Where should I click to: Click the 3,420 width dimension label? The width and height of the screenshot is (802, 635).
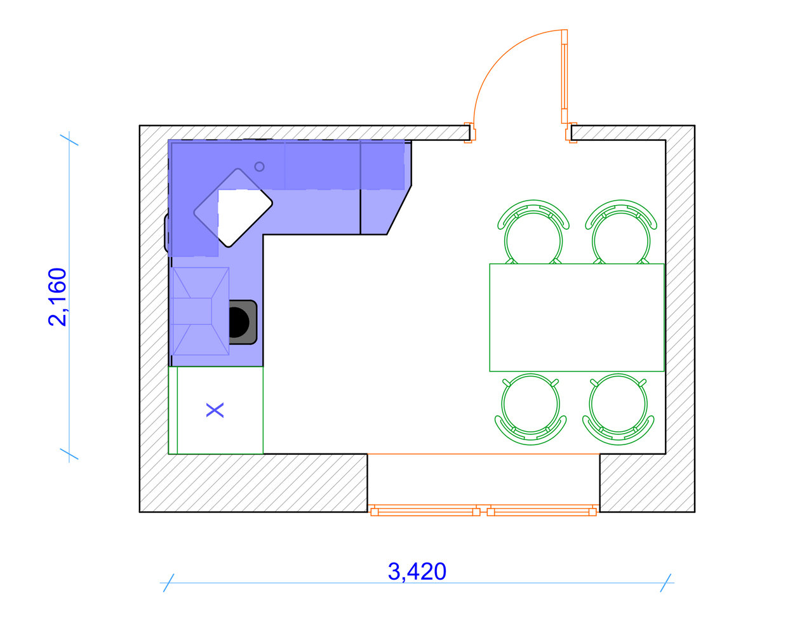[417, 571]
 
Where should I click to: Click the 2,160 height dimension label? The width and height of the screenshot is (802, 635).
[58, 297]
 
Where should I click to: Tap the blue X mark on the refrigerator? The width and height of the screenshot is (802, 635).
[215, 410]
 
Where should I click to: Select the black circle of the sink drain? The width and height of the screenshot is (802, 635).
[239, 322]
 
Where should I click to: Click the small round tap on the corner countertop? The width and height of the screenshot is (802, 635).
[259, 166]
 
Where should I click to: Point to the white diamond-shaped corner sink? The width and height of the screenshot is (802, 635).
[233, 208]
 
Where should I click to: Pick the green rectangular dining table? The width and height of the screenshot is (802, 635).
[577, 317]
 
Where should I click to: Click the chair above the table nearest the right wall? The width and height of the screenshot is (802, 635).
[621, 232]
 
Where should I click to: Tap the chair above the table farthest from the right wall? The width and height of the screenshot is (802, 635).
[533, 232]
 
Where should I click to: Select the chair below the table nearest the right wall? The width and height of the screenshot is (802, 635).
[618, 409]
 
